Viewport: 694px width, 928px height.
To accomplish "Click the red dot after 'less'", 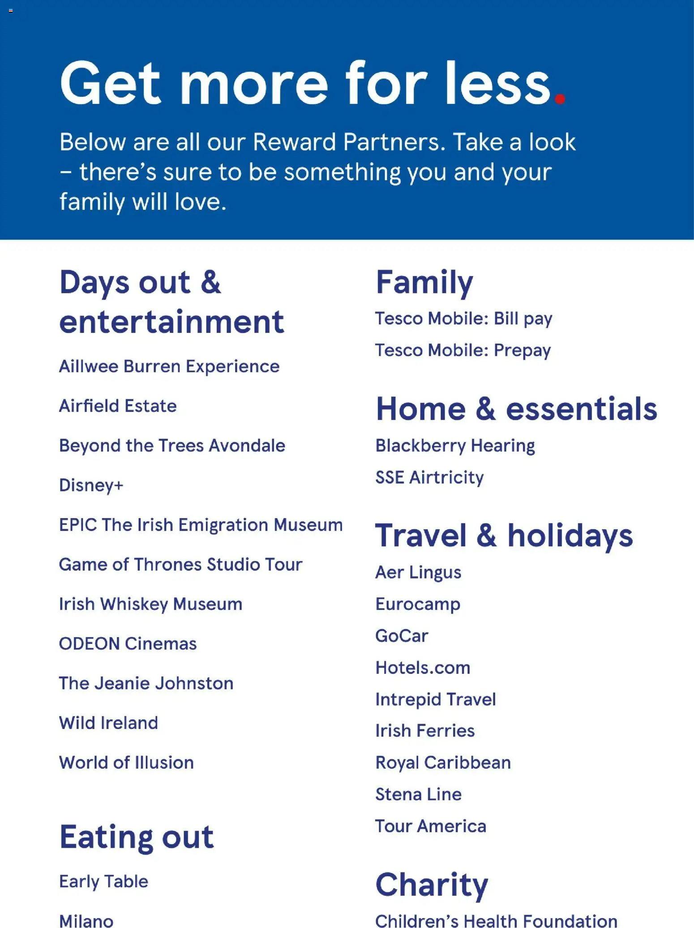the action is click(560, 98).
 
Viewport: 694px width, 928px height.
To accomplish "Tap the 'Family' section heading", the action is click(424, 283).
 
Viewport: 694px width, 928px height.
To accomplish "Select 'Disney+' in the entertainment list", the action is click(91, 485).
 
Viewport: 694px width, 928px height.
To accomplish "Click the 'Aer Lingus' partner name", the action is click(418, 573).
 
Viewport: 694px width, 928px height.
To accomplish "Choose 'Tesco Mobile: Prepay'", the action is click(463, 350).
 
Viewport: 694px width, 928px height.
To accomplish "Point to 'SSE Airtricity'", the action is click(429, 478).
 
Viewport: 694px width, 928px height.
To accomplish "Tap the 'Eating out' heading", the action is click(137, 837).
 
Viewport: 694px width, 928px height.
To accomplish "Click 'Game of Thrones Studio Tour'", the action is click(180, 565).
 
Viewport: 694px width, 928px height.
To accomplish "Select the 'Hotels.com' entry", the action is click(423, 668).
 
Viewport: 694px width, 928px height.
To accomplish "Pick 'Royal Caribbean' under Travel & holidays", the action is click(443, 763).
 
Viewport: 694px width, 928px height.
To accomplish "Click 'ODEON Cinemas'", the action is click(128, 643).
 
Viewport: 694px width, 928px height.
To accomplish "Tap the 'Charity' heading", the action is click(432, 885).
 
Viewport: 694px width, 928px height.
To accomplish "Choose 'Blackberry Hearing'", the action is click(455, 446).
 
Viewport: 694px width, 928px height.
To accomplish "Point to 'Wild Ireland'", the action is click(108, 723).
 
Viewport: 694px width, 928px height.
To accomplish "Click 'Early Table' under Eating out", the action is click(103, 881).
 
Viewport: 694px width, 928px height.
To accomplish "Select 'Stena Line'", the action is click(418, 794).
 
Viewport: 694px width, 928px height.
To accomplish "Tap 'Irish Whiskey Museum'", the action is click(150, 604).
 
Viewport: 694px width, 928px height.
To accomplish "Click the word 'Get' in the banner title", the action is click(110, 84).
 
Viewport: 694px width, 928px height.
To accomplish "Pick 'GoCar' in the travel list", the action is click(402, 636).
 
